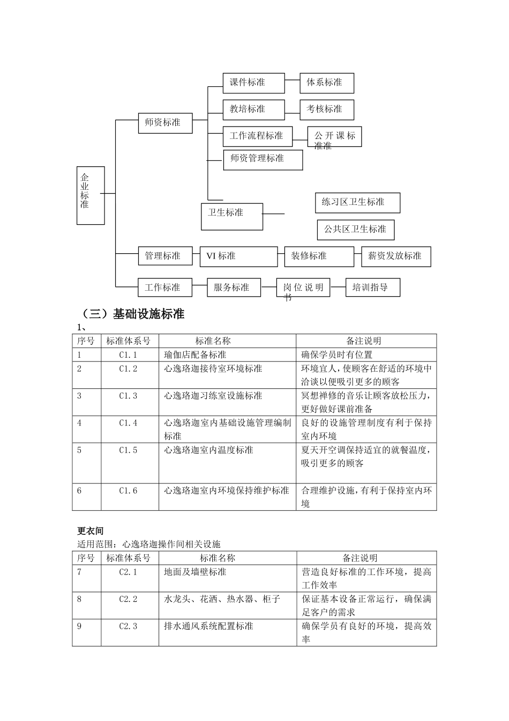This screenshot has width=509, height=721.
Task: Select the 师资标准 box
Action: (x=165, y=123)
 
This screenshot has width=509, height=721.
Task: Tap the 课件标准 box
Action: (x=253, y=83)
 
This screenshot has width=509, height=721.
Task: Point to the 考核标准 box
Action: (x=326, y=109)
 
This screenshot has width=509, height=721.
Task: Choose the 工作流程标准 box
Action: (x=257, y=136)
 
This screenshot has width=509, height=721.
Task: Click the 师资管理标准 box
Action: (x=263, y=159)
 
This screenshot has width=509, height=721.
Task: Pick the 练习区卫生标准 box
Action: (x=357, y=203)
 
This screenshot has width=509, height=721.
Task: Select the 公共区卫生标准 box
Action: (x=355, y=230)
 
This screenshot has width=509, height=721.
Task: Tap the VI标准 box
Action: (x=238, y=256)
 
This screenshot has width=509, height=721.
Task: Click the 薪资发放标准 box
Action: (x=395, y=256)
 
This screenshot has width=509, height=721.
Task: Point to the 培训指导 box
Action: (x=372, y=288)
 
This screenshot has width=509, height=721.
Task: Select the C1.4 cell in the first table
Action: (x=129, y=423)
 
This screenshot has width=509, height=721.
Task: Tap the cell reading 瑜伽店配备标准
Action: (x=196, y=355)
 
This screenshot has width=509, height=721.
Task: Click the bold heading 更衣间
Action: (x=90, y=531)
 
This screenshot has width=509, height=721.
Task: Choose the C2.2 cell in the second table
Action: (x=129, y=599)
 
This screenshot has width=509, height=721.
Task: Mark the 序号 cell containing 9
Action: (x=80, y=626)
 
